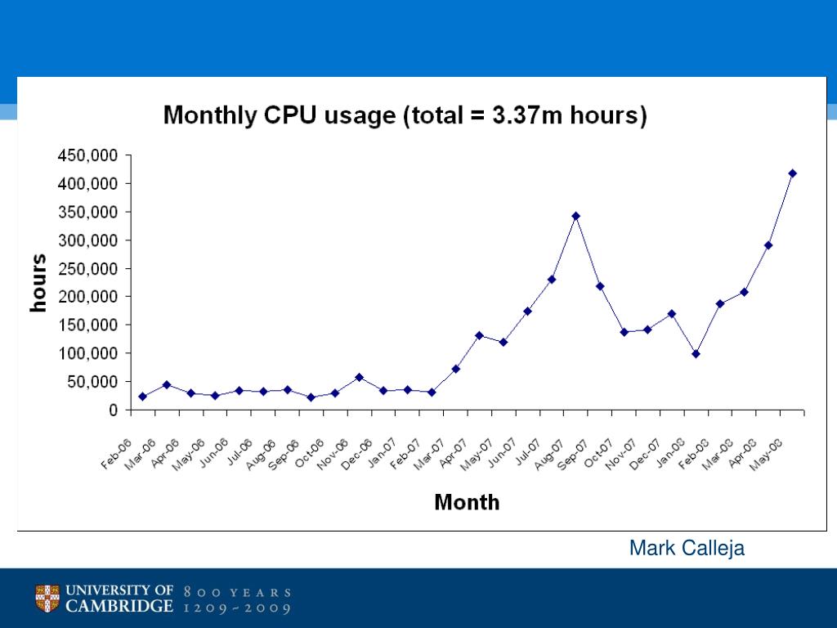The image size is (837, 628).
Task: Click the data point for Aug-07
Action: coord(575,216)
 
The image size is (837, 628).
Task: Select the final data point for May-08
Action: coord(792,173)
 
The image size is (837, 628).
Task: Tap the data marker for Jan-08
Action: coord(696,354)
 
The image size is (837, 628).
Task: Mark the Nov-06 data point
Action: coord(359,377)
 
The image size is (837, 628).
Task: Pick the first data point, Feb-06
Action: coord(142,397)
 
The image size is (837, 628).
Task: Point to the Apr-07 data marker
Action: coord(479,335)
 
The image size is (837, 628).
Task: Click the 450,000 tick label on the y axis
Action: coord(87,155)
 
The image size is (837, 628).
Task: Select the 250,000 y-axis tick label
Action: coord(87,268)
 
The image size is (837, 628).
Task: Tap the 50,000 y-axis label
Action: coord(92,382)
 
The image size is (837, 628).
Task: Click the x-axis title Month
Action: coord(467,502)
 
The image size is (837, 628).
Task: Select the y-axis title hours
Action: coord(38,283)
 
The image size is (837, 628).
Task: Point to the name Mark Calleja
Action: coord(687,549)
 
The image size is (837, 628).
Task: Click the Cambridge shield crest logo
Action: coord(47,598)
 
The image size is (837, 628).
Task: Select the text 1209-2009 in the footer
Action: coord(238,608)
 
